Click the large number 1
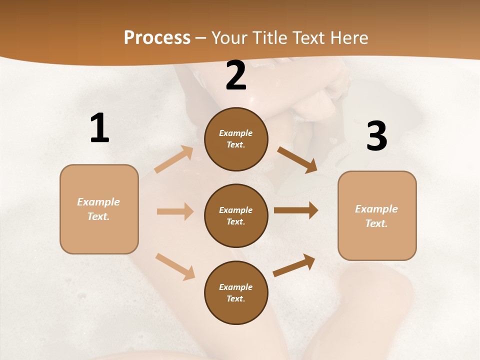point(99,128)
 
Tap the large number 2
point(236,75)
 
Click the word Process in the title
point(157,37)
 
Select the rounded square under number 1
point(99,209)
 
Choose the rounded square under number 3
point(377,215)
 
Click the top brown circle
point(236,139)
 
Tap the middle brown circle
point(236,215)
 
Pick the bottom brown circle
point(236,292)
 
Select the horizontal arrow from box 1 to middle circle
point(175,211)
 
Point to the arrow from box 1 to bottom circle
point(175,266)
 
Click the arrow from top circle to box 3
point(297,159)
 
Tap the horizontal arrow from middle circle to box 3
point(296,210)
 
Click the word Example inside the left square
point(98,202)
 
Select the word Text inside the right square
point(376,223)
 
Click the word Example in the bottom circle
point(236,287)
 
